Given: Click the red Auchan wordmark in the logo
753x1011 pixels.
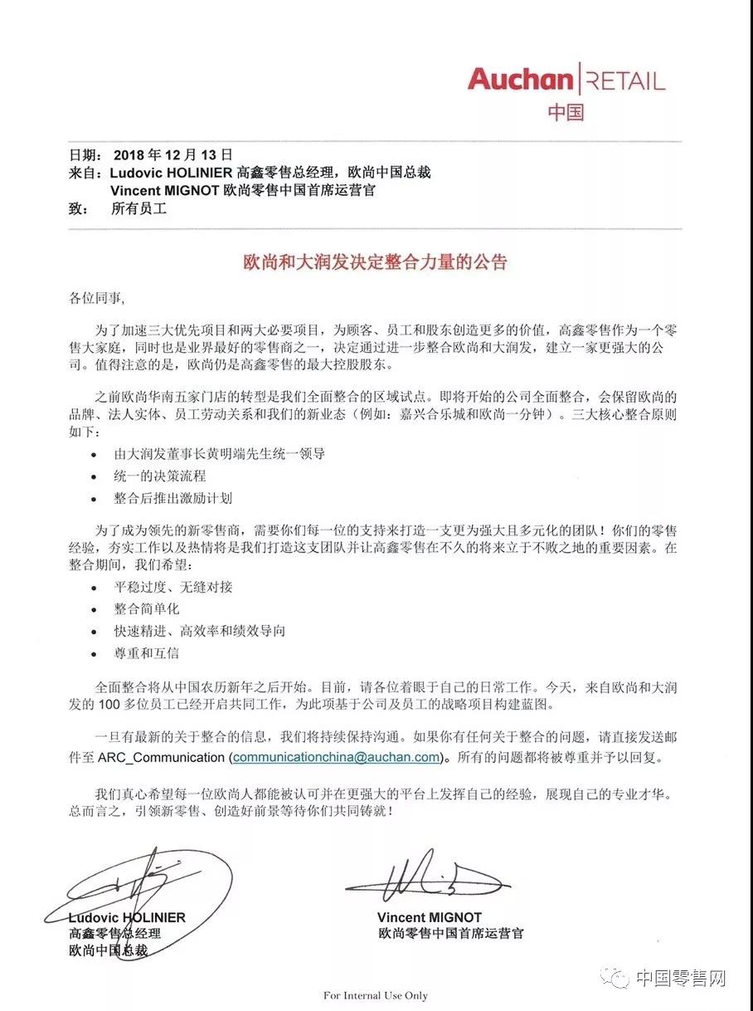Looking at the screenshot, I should coord(520,80).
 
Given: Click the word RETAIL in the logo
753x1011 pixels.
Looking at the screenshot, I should coord(627,81).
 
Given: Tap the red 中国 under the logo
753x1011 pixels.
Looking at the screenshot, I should coord(566,112).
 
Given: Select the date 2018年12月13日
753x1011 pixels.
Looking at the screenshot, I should coord(172,155).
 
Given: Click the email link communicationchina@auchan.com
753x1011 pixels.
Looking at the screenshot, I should coord(336,757).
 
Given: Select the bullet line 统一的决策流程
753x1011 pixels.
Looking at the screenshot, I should coord(159,476).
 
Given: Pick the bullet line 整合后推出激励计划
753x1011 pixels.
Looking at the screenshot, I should coord(172,498).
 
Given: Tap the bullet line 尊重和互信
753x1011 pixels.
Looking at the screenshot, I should coord(146,653).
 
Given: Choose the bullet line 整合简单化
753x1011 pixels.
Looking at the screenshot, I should coord(146,608).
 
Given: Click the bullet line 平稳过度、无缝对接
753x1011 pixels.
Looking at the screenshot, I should coord(172,587).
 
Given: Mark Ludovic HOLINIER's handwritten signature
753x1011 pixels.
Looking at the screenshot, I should coord(141,884).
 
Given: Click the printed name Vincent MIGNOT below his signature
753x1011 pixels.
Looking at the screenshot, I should coord(429,917).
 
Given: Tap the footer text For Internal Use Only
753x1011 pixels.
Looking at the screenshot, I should coord(376,995).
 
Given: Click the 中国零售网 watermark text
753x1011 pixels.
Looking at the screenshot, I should coord(681,979).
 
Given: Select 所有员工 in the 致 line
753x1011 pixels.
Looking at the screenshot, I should coord(138,209).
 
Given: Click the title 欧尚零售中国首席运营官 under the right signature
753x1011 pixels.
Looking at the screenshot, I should coord(450,933).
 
